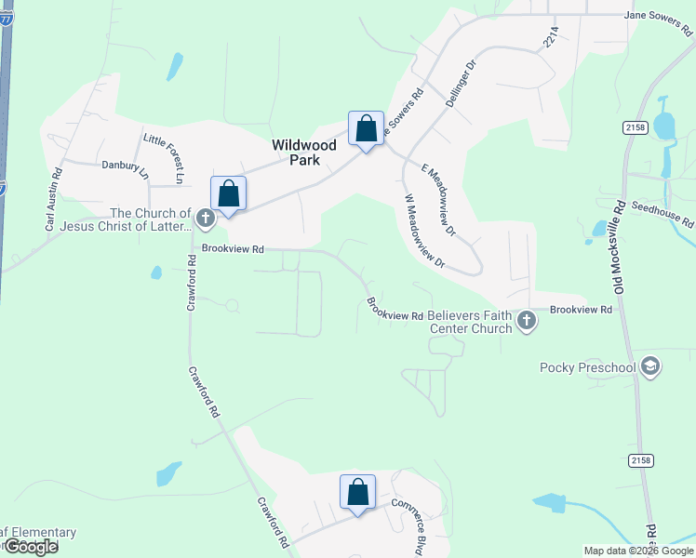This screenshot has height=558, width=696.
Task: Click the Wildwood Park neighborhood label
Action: tap(296, 153)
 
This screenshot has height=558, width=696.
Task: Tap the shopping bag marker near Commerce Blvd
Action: tap(357, 493)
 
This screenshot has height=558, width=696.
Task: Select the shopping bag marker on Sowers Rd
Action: tap(367, 128)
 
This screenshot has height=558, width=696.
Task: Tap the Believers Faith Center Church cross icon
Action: tap(527, 322)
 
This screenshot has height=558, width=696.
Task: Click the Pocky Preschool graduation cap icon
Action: tap(649, 367)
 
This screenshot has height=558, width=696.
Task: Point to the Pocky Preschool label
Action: tap(588, 367)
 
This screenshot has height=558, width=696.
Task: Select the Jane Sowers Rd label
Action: tap(660, 16)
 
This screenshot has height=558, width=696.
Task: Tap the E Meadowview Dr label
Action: tap(441, 200)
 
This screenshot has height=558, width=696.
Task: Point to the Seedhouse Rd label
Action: tap(662, 214)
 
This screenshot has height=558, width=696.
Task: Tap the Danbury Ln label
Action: tap(125, 167)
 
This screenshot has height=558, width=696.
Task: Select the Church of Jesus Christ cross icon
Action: tap(206, 219)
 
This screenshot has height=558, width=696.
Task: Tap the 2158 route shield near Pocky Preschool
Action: tap(640, 459)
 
